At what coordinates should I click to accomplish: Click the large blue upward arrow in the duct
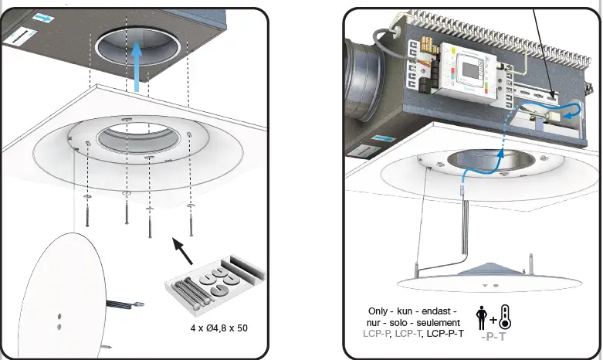coord(137,65)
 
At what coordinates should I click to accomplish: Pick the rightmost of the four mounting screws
coord(190,216)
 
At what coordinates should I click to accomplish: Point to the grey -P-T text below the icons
coord(493,337)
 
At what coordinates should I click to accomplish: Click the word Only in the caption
coord(381,310)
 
